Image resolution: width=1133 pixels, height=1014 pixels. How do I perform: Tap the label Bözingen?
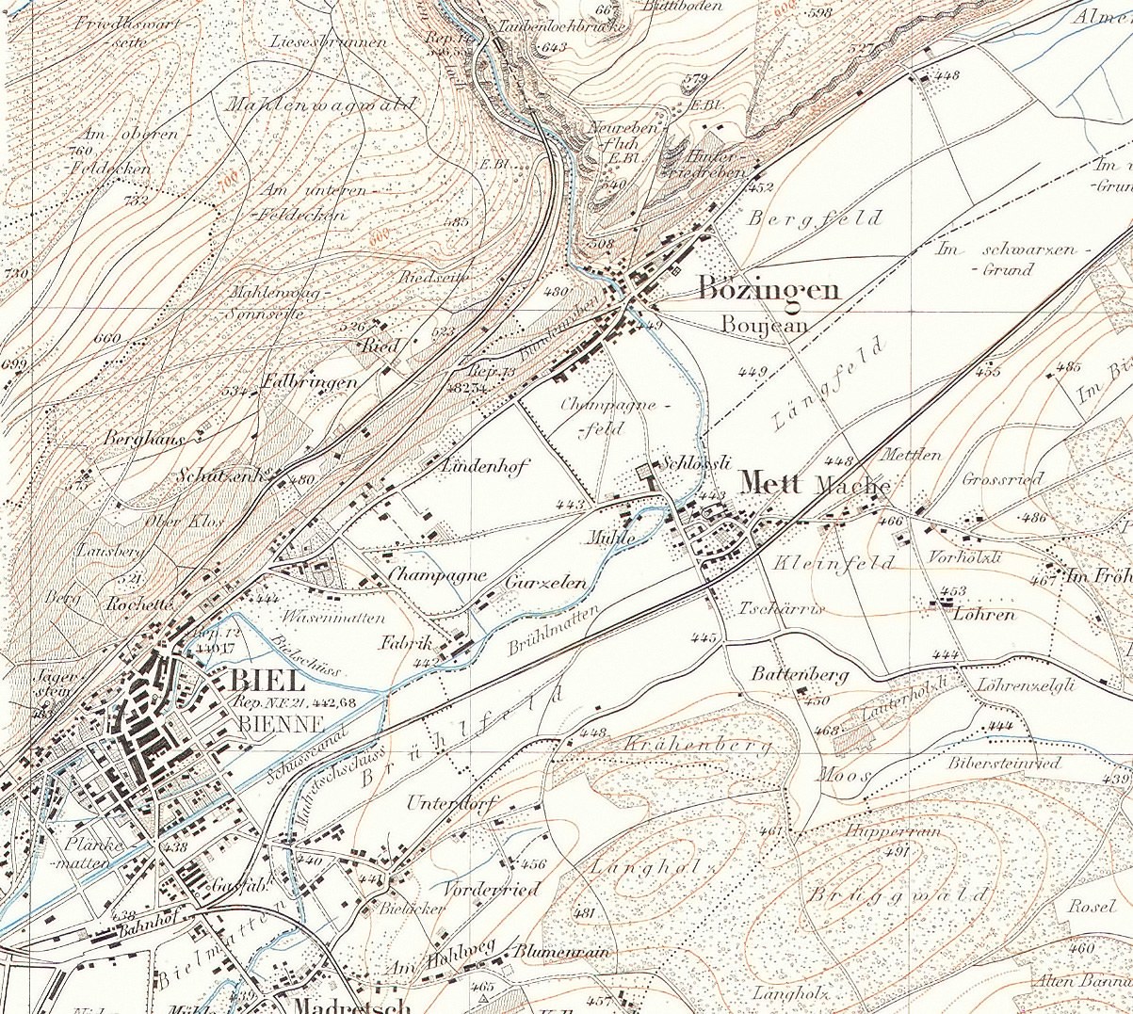coord(769,290)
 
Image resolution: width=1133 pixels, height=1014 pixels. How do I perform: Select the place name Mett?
coord(770,484)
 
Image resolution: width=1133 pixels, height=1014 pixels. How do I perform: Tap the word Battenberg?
coord(800,674)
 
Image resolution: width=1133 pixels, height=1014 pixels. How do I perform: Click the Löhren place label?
coord(984,615)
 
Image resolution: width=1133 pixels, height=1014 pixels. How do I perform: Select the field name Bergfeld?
coord(816,219)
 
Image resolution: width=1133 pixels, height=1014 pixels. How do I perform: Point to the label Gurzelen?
coord(545,583)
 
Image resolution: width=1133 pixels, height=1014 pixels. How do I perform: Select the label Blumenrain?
coord(561,952)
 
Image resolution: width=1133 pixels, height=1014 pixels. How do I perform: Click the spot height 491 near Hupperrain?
coord(896,853)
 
